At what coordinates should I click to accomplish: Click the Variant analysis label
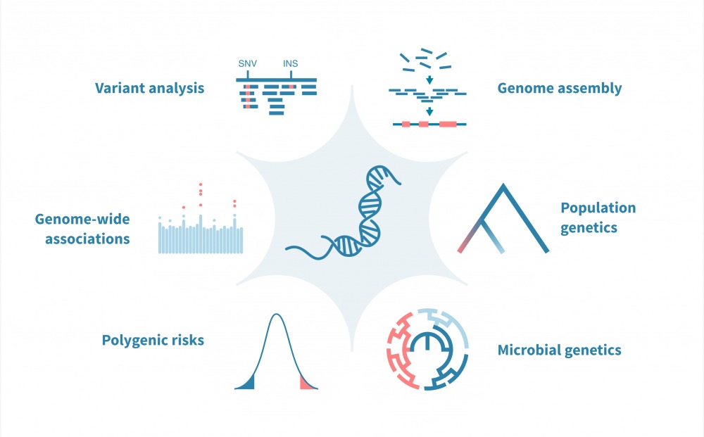click(x=150, y=88)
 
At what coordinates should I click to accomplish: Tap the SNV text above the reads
click(x=247, y=64)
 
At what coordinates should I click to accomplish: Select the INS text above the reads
click(x=290, y=64)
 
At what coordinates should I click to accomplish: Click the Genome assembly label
click(x=559, y=88)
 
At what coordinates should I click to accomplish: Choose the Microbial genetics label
click(x=559, y=350)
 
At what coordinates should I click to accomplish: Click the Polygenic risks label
click(x=153, y=340)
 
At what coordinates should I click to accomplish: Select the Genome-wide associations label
click(x=82, y=229)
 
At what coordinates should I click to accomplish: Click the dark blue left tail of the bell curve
click(x=245, y=383)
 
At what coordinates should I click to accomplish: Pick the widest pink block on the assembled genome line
click(x=448, y=124)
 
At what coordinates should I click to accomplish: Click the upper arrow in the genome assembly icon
click(x=429, y=79)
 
